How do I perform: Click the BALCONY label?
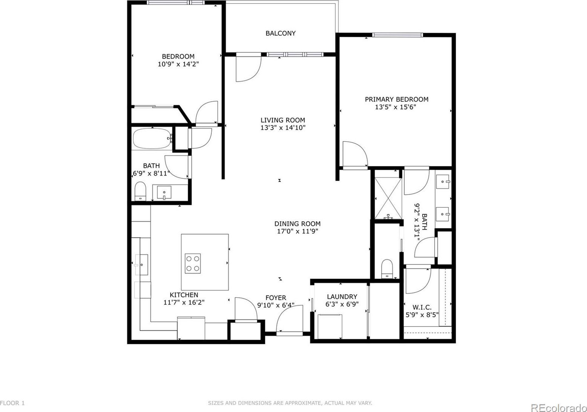280,33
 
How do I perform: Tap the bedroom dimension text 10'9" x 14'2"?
178,64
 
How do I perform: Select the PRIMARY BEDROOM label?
397,99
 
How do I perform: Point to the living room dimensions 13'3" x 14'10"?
283,128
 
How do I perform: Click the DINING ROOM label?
297,224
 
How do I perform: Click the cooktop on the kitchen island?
193,263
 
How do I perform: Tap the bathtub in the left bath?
152,138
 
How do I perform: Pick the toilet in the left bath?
140,191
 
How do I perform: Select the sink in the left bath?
164,192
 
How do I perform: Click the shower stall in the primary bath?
388,198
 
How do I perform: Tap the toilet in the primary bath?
387,269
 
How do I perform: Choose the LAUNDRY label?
342,297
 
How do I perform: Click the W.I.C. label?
422,307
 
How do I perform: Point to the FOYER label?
276,298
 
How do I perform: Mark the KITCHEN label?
184,295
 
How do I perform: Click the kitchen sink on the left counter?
141,265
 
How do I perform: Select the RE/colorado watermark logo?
558,408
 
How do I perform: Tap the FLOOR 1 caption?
12,403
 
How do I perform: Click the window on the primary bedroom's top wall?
397,35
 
